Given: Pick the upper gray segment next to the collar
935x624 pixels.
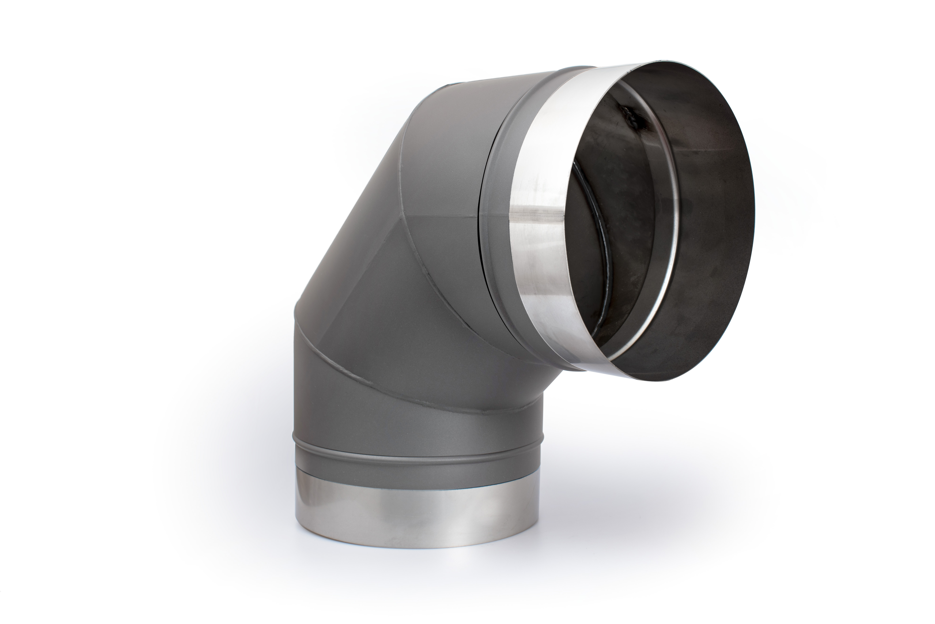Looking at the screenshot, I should pyautogui.click(x=449, y=159).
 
